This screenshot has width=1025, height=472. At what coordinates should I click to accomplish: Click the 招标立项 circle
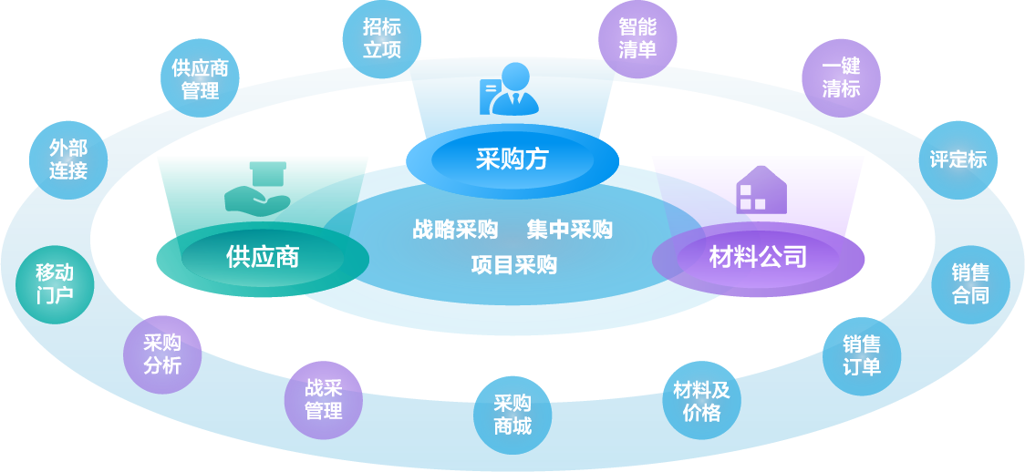point(382,38)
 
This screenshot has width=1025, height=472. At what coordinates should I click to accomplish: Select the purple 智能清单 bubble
point(637,38)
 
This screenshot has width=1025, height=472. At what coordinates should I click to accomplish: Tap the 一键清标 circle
point(841,77)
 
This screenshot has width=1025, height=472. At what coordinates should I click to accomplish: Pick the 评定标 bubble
point(958,159)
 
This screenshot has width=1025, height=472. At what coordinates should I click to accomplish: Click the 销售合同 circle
point(970,284)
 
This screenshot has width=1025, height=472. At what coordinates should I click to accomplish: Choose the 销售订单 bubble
point(861,355)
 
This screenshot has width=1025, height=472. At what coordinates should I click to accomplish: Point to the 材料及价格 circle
point(701,401)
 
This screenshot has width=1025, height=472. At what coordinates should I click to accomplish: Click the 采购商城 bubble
point(512,415)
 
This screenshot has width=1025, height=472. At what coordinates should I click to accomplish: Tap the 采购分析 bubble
point(162,354)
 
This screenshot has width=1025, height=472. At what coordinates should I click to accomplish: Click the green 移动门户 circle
point(55,283)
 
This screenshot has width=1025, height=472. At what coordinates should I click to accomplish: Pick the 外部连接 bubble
point(68,159)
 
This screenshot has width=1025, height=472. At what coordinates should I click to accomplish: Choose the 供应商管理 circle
point(200,79)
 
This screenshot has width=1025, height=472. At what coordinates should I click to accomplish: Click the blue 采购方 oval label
point(512,160)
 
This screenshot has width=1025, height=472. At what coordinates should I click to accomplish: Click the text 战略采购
point(454,230)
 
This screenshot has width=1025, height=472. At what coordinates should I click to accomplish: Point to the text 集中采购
point(569,230)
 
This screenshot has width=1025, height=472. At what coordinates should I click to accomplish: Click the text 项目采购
point(513,265)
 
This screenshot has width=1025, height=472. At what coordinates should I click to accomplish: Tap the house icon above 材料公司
point(761,190)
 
